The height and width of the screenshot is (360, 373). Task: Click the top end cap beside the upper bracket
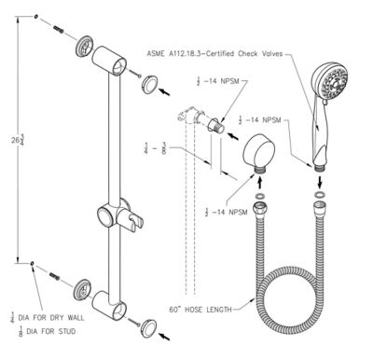(147, 86)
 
